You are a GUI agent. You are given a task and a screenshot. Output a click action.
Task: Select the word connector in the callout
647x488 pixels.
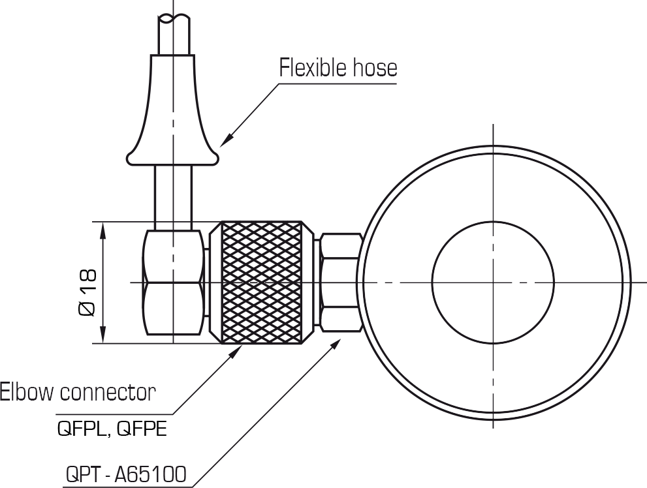pos(108,393)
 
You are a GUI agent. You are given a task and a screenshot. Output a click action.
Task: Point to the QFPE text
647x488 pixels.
pos(142,429)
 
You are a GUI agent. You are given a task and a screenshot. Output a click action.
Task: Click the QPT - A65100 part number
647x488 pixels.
pos(126,474)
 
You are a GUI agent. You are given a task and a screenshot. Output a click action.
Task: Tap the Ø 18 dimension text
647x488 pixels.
pos(87,293)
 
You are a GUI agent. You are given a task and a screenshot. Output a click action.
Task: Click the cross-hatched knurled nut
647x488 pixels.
pos(261,282)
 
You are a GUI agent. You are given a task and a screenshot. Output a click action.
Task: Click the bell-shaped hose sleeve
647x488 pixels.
pos(172,110)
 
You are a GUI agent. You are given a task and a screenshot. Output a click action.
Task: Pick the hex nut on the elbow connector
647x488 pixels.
pos(173,282)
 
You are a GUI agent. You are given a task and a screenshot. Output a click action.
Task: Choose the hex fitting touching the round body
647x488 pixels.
pos(339,282)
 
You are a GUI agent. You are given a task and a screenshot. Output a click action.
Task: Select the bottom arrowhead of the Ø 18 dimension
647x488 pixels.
pos(103,335)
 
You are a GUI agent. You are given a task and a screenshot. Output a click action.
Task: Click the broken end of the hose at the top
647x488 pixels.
pos(174,18)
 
